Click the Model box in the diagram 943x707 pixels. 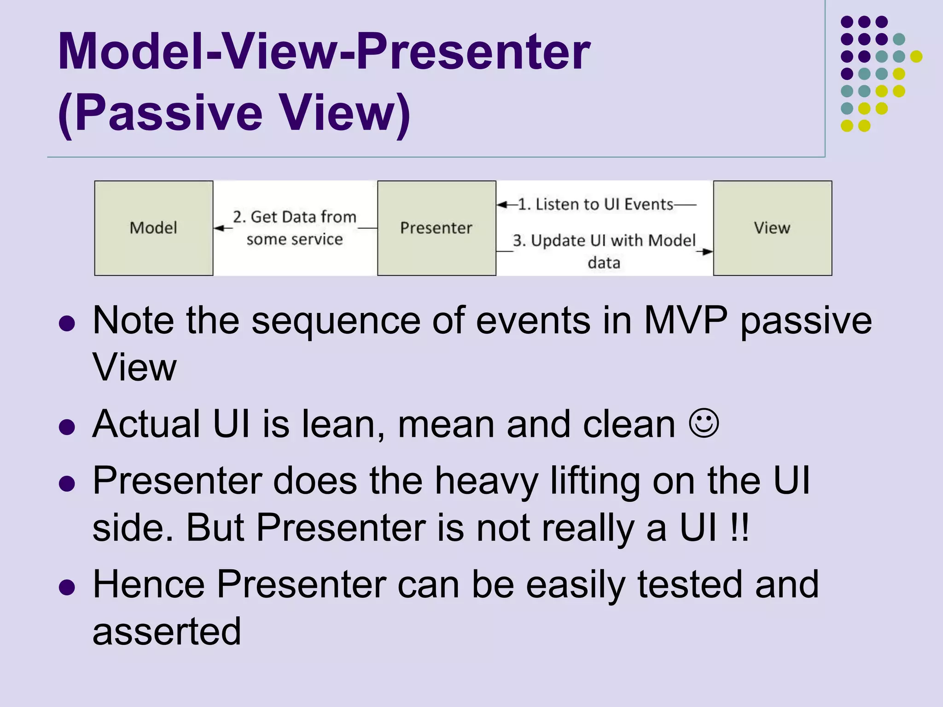(x=153, y=228)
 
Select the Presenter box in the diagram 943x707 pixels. (x=436, y=228)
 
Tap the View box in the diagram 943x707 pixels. (x=772, y=228)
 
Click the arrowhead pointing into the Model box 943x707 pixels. (x=219, y=228)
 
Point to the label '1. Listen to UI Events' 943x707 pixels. (x=595, y=204)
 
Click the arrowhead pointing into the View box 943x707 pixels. (x=707, y=251)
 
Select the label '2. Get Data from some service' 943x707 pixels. (x=295, y=228)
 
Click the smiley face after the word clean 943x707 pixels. (x=704, y=423)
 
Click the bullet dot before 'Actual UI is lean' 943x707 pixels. (x=67, y=427)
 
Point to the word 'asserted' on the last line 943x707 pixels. (x=167, y=632)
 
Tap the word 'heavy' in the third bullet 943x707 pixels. (x=486, y=481)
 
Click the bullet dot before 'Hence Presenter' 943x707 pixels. (x=67, y=587)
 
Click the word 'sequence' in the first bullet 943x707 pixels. (x=336, y=321)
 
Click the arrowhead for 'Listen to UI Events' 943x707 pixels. (x=503, y=204)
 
